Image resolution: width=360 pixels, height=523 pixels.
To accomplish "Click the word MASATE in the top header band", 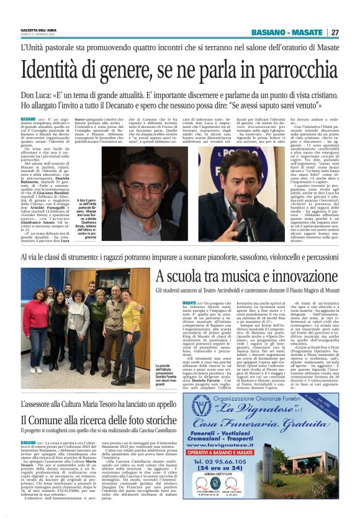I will pos(302,32).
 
